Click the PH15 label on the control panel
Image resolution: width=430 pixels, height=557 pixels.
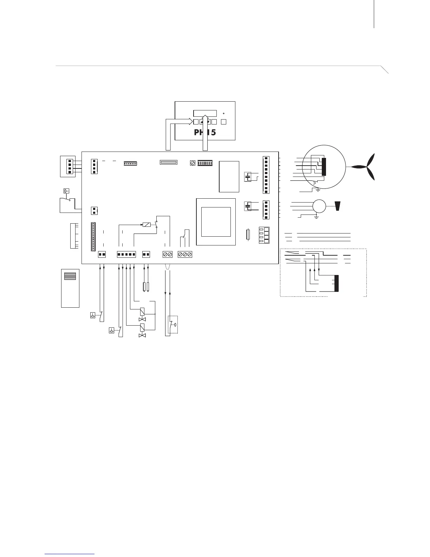[x=205, y=133]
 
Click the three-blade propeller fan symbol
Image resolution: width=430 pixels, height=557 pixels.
[x=366, y=167]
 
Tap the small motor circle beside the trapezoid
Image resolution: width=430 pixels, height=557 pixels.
[x=319, y=206]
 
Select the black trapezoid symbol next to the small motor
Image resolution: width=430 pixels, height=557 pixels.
[x=338, y=206]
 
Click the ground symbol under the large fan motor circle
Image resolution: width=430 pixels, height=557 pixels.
[x=318, y=190]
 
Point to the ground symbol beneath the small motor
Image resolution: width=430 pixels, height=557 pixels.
[x=317, y=217]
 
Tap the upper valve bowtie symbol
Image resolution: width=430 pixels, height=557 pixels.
[x=142, y=319]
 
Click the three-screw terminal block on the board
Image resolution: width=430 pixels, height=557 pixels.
[x=185, y=254]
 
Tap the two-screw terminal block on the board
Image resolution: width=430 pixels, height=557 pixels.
[x=168, y=254]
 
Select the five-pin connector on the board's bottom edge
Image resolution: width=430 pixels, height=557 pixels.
[x=126, y=254]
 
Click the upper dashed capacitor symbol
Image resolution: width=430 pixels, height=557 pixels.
[x=248, y=177]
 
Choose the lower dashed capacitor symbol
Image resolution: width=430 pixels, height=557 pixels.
[x=248, y=206]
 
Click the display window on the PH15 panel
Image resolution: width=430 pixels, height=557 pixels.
[x=205, y=114]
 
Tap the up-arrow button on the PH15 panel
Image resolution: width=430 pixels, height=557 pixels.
[x=202, y=122]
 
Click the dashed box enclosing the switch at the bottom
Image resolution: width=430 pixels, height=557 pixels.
[x=173, y=324]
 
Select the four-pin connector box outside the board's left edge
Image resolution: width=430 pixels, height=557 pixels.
[x=68, y=166]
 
